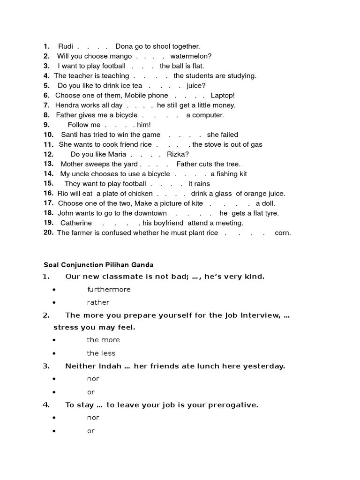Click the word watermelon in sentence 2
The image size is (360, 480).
[x=190, y=56]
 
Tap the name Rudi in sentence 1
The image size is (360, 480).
[x=66, y=46]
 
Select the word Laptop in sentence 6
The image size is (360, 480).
[x=222, y=96]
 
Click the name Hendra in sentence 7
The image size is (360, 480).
[x=66, y=105]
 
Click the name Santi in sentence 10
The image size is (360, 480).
[x=69, y=135]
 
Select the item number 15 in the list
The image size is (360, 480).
[x=49, y=184]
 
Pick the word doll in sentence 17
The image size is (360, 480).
[x=265, y=203]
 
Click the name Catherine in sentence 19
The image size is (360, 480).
[x=76, y=223]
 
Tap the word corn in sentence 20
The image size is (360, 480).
[x=283, y=233]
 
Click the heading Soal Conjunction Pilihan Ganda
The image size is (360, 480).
[x=98, y=265]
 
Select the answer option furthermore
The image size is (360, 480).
[x=109, y=290]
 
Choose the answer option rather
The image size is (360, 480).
[x=98, y=303]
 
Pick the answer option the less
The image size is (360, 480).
[x=101, y=353]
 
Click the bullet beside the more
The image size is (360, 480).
[x=55, y=340]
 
